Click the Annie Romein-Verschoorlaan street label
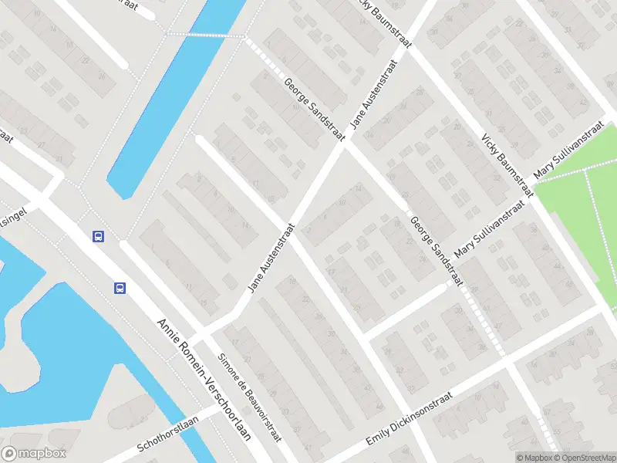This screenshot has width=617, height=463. [204, 379]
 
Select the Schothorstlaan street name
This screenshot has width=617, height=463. [167, 434]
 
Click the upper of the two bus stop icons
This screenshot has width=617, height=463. [98, 237]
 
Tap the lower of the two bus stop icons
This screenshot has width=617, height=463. [120, 289]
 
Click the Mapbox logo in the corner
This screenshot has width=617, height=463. [34, 454]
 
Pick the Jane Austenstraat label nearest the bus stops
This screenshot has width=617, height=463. [271, 259]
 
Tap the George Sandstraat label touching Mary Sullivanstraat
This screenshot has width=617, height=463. [437, 249]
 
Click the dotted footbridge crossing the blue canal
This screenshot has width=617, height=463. [207, 35]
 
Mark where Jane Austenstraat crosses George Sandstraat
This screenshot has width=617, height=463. [345, 144]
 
